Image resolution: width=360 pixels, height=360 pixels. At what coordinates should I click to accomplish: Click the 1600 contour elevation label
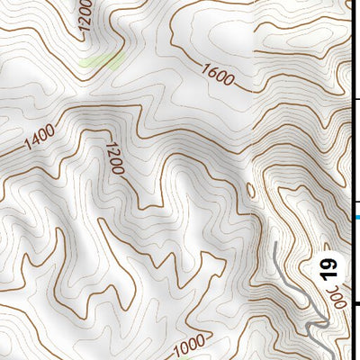218,76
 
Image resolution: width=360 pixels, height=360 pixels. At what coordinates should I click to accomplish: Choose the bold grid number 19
328,268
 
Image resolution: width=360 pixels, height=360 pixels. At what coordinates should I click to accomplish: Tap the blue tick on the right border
356,217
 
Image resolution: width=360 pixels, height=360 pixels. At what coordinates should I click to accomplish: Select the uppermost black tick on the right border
356,99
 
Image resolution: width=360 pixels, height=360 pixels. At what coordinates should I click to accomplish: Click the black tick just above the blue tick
356,202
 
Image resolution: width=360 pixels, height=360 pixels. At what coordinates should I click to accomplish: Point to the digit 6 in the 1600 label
211,73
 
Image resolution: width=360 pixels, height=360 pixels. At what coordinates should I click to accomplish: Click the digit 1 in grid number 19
328,274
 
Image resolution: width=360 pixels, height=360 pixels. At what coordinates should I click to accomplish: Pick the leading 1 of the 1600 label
205,69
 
